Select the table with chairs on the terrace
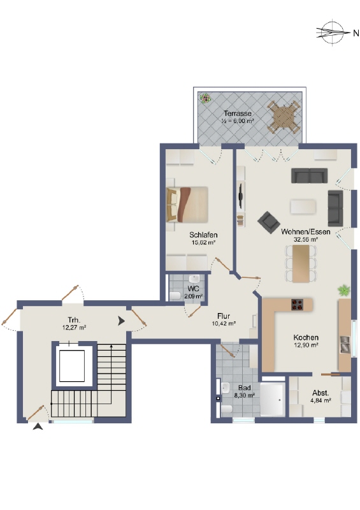click(x=283, y=117)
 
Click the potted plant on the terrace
click(x=205, y=99)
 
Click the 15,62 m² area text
click(x=203, y=242)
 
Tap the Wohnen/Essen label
click(x=305, y=232)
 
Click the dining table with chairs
click(x=300, y=262)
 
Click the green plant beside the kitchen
click(x=344, y=291)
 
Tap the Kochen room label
click(x=306, y=337)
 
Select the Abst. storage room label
click(x=320, y=393)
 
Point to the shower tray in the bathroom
click(x=273, y=400)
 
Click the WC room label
click(x=194, y=288)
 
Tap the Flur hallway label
click(x=223, y=316)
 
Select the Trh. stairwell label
click(x=74, y=320)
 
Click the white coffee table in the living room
click(x=303, y=206)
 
